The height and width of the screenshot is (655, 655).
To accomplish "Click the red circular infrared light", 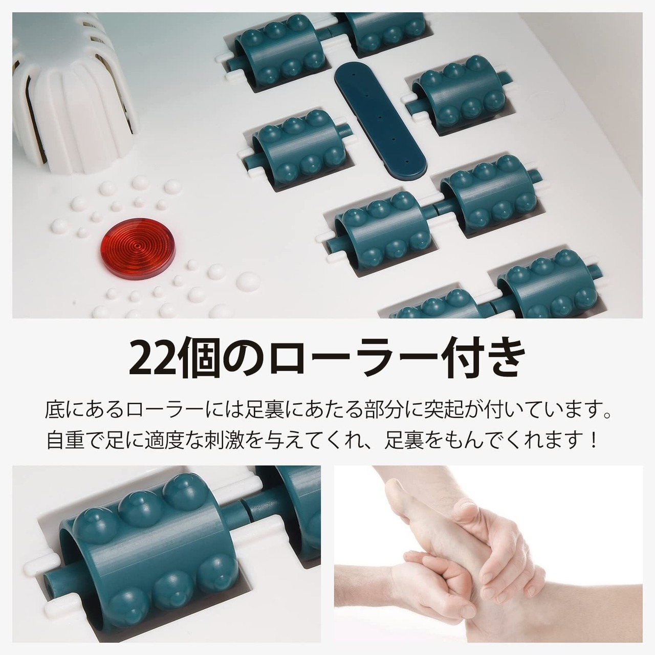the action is (x=137, y=248).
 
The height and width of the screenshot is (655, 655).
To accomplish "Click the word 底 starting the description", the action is (x=55, y=410).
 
